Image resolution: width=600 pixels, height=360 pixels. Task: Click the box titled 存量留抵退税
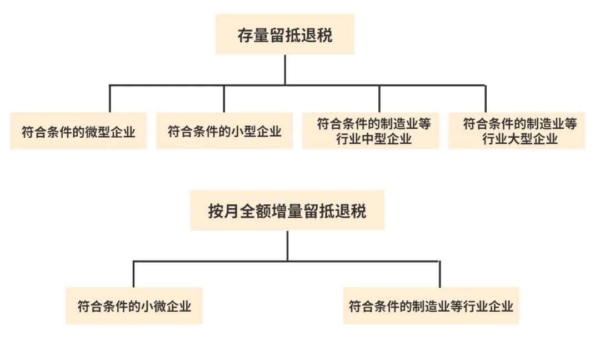[284, 34]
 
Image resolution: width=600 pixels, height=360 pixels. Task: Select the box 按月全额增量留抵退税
[287, 211]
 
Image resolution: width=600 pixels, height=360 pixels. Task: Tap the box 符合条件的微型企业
[78, 131]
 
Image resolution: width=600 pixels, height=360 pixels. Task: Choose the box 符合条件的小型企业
[224, 131]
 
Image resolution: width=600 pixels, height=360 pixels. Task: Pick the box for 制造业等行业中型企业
[371, 131]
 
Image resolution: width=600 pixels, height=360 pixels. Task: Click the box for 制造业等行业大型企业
[517, 131]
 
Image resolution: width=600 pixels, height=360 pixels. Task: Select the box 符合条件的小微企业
[134, 306]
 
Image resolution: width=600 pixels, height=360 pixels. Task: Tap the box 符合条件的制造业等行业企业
[431, 306]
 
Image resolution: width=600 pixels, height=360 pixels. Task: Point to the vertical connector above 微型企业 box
[110, 99]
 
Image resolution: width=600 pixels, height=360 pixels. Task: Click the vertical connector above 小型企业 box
[224, 99]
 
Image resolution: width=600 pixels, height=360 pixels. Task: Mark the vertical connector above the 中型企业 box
[379, 99]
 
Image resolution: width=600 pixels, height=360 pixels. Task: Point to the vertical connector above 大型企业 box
[486, 99]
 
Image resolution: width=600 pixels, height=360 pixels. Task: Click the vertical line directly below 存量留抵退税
[285, 70]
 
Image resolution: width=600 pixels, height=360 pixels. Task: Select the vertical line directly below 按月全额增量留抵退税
[287, 246]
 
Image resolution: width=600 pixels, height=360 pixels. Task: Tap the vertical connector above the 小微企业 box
[133, 274]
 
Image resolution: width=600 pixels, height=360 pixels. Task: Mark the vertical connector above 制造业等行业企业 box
[439, 274]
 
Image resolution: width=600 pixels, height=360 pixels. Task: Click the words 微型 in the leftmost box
[98, 132]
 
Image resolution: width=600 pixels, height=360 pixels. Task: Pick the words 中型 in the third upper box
[374, 139]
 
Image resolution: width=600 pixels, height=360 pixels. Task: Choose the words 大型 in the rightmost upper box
[520, 139]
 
